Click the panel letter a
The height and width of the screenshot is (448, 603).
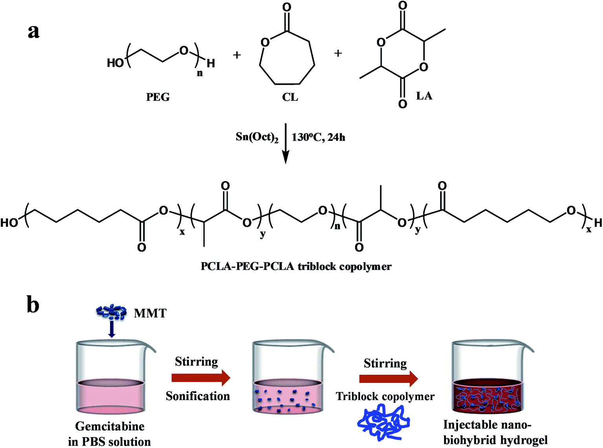pyautogui.click(x=33, y=32)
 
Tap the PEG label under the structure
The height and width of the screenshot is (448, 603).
pyautogui.click(x=158, y=97)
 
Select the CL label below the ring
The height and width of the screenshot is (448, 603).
pyautogui.click(x=290, y=97)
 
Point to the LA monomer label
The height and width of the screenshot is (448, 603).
pyautogui.click(x=424, y=96)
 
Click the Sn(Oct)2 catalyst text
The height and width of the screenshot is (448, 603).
pyautogui.click(x=257, y=137)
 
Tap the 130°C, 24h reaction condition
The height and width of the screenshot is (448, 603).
pyautogui.click(x=318, y=137)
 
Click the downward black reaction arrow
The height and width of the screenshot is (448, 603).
pyautogui.click(x=285, y=144)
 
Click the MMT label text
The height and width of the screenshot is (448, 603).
pyautogui.click(x=150, y=313)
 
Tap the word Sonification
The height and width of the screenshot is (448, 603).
pyautogui.click(x=198, y=396)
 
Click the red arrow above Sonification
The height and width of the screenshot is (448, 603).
pyautogui.click(x=201, y=378)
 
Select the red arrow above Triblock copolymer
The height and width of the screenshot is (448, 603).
pyautogui.click(x=389, y=379)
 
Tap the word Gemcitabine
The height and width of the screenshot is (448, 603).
pyautogui.click(x=110, y=426)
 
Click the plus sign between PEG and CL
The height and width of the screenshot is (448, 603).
pyautogui.click(x=237, y=55)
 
